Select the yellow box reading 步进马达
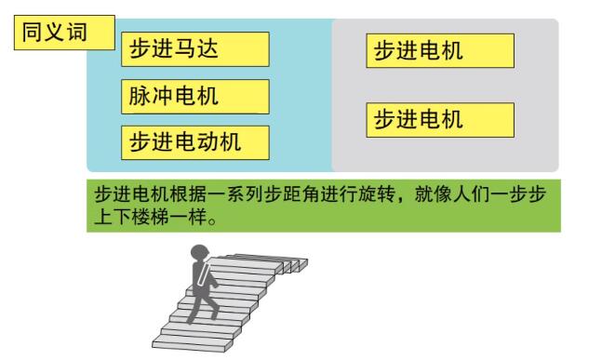coord(194,49)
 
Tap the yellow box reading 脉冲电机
coord(194,96)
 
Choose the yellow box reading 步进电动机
coord(194,141)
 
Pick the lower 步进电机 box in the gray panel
coord(440,120)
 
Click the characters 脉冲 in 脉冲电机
coord(146,96)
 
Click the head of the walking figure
coord(199,251)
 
